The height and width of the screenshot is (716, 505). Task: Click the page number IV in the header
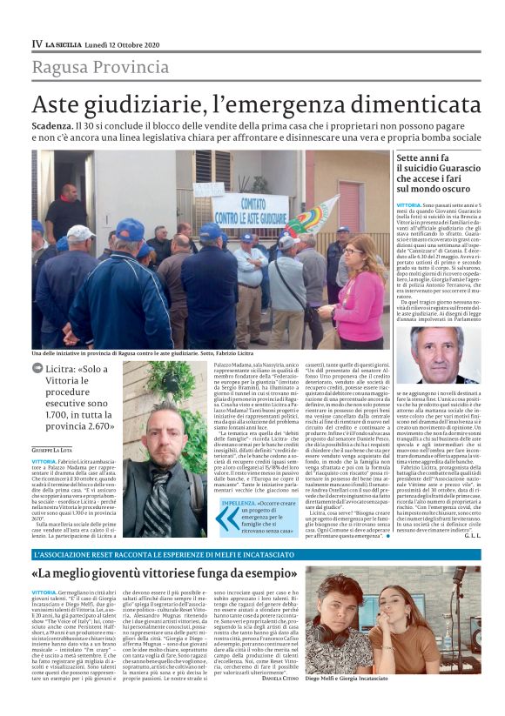pos(37,43)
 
